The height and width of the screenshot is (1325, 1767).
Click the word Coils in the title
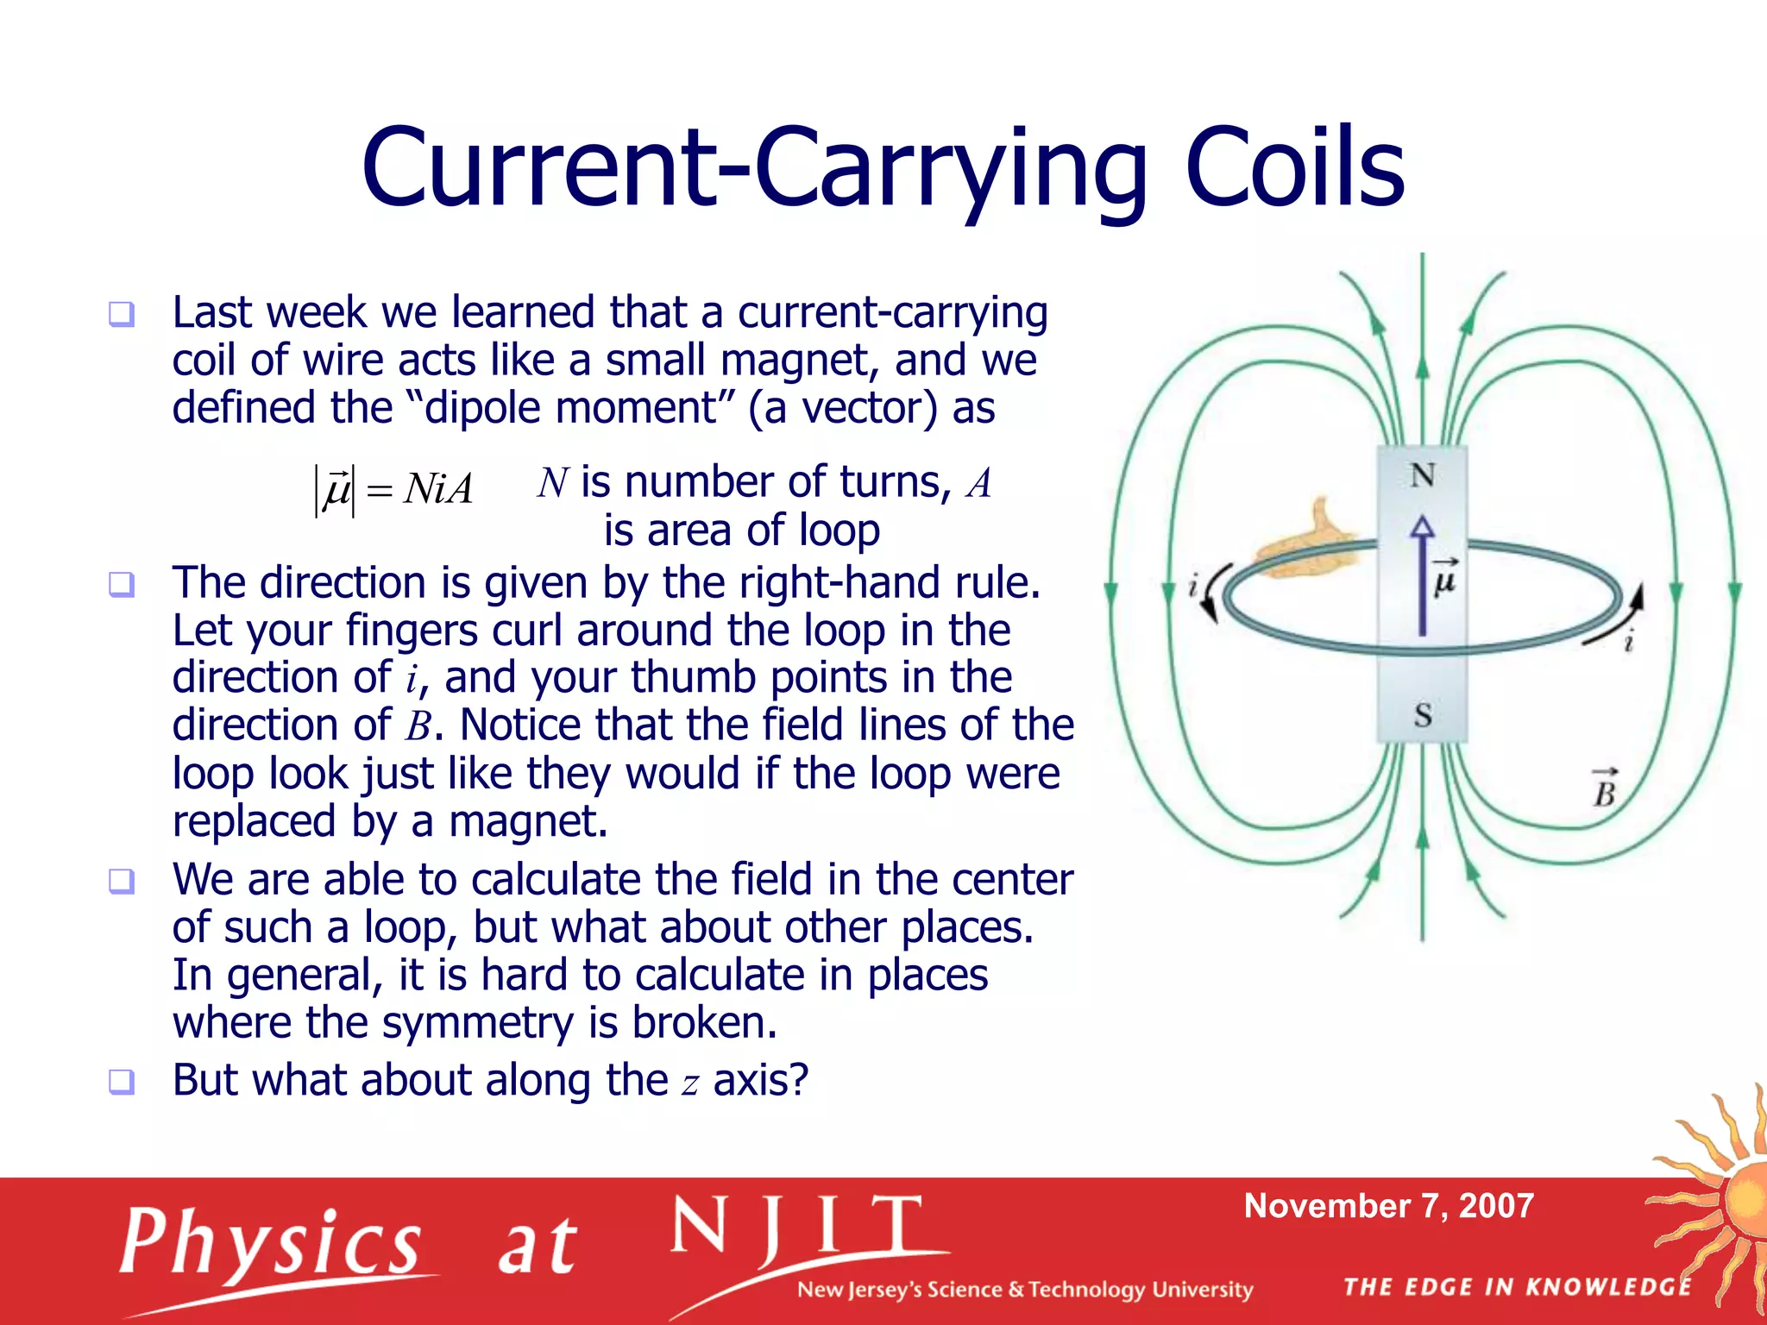coord(1294,168)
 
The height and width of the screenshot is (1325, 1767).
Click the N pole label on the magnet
coord(1422,475)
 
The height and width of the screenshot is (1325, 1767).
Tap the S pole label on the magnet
coord(1423,715)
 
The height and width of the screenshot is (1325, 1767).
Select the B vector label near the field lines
coord(1604,788)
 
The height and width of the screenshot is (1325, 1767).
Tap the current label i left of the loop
coord(1193,587)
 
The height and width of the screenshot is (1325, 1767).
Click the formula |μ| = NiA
coord(393,489)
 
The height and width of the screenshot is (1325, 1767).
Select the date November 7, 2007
coord(1388,1205)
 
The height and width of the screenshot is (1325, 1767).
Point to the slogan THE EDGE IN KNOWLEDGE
coord(1518,1287)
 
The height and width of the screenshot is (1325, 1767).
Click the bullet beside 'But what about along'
coord(122,1081)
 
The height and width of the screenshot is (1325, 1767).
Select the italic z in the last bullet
coord(689,1083)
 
